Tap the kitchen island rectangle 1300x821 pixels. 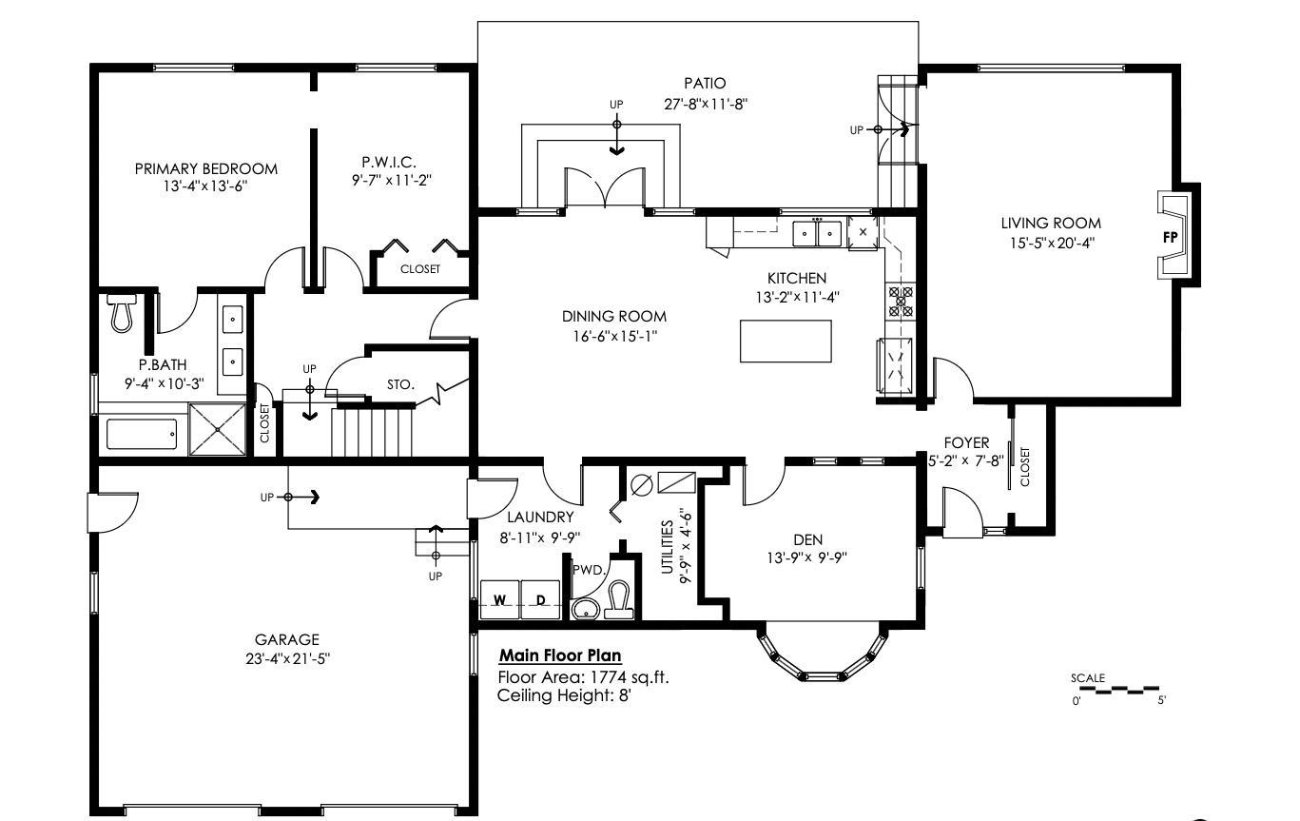coord(786,341)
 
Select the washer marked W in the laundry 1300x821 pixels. coord(499,599)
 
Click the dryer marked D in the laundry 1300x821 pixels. coord(540,599)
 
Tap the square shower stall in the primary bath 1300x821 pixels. coord(217,429)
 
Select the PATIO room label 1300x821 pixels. coord(704,84)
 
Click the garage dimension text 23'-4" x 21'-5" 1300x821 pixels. coord(286,657)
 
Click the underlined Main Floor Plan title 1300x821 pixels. coord(560,655)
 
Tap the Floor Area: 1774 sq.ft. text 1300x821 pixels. coord(584,677)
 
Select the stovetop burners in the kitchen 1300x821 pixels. coord(900,301)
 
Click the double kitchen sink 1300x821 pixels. coord(818,232)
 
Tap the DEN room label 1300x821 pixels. coord(807,539)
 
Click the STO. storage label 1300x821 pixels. coord(400,385)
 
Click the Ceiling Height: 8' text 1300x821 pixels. coord(564,695)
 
